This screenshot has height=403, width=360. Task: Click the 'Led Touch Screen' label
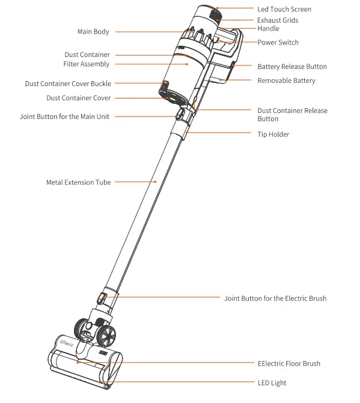click(x=284, y=10)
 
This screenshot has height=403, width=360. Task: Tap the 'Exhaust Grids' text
click(x=278, y=20)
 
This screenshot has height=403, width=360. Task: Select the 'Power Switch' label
click(x=278, y=43)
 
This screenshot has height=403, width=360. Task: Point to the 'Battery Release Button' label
click(x=292, y=67)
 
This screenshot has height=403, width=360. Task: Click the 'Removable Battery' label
click(x=286, y=80)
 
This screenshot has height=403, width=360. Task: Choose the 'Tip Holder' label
click(x=273, y=134)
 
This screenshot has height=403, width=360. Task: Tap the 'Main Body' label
click(x=93, y=32)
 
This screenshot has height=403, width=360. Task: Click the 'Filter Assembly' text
click(x=87, y=64)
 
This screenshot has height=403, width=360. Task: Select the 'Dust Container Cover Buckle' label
click(x=68, y=84)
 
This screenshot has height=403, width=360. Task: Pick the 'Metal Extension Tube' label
click(x=79, y=182)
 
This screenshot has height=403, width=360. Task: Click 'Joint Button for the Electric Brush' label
click(x=275, y=298)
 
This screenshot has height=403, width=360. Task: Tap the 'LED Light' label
click(x=272, y=383)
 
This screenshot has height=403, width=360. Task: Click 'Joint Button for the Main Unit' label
click(x=64, y=117)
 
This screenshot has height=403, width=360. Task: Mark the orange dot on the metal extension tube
click(x=155, y=181)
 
